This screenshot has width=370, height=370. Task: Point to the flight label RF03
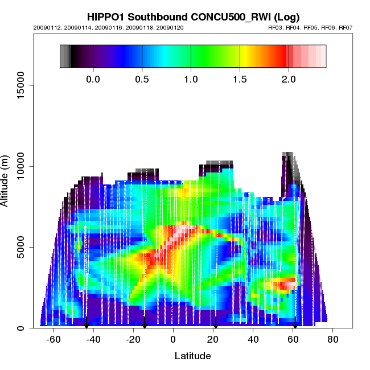pos(276,27)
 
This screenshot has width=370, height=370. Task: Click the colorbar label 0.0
pos(93,79)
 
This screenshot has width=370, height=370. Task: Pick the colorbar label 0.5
pos(142,79)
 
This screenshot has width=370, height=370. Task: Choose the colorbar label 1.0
pos(191,79)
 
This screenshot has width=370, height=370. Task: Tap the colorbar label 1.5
pos(240,79)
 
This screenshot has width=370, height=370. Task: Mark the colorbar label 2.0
pos(289,79)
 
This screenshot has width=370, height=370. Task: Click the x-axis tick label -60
pos(54,340)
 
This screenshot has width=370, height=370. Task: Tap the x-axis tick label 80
pos(333,340)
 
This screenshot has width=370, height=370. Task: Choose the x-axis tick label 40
pos(253,340)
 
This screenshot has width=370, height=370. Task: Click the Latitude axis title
pos(192,356)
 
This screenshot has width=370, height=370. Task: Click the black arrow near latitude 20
pos(215,323)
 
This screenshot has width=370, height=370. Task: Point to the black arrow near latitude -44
pos(86,323)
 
